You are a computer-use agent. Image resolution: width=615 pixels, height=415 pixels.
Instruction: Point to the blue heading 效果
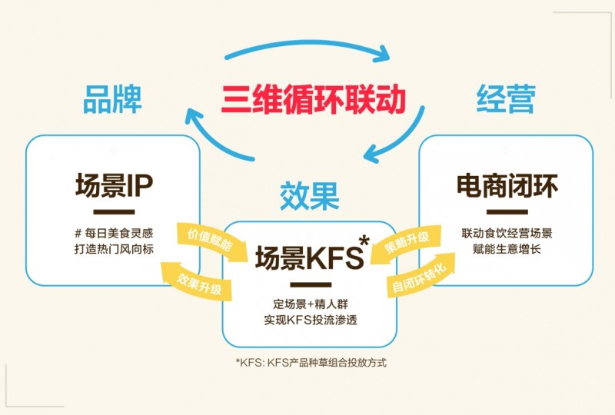click(x=310, y=196)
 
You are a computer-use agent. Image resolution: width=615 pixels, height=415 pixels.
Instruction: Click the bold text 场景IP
click(x=113, y=186)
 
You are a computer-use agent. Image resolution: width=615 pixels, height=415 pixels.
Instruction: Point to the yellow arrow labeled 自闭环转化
click(x=420, y=276)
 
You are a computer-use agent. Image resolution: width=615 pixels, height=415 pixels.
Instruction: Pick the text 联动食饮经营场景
click(x=507, y=233)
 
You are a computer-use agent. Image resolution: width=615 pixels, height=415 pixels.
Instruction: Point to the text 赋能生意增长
click(x=507, y=249)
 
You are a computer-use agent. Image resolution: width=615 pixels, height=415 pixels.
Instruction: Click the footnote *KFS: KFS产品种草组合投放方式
click(x=311, y=362)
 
